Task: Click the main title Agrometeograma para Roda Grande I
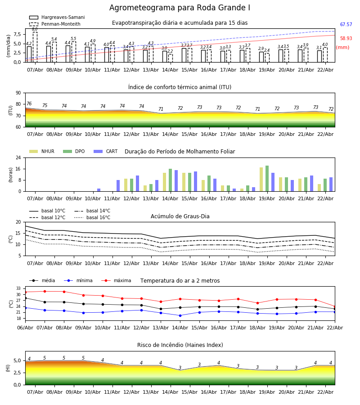click(x=180, y=8)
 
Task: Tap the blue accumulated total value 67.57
click(x=346, y=25)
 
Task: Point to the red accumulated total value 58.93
click(x=346, y=39)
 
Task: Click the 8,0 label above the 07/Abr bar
click(x=35, y=29)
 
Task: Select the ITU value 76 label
click(x=29, y=104)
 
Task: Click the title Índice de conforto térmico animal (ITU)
click(x=180, y=87)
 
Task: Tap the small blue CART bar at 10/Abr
click(x=99, y=190)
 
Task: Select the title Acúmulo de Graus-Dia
click(x=180, y=216)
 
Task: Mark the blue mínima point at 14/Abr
click(x=180, y=315)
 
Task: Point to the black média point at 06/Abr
click(x=25, y=298)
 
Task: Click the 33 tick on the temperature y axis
click(x=18, y=288)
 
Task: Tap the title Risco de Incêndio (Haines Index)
click(x=180, y=345)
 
